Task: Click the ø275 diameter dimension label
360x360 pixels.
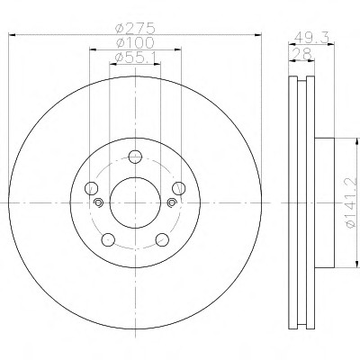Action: (x=136, y=29)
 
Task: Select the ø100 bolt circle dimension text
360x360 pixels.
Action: (x=135, y=42)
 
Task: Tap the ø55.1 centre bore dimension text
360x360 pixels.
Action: (x=135, y=57)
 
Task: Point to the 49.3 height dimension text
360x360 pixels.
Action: (x=311, y=38)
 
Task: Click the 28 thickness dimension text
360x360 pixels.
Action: (x=301, y=54)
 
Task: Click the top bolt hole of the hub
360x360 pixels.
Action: (x=135, y=157)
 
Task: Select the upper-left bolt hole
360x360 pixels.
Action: (x=92, y=188)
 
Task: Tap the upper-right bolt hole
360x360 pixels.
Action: (x=179, y=188)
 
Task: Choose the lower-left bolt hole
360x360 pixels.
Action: (x=108, y=239)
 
